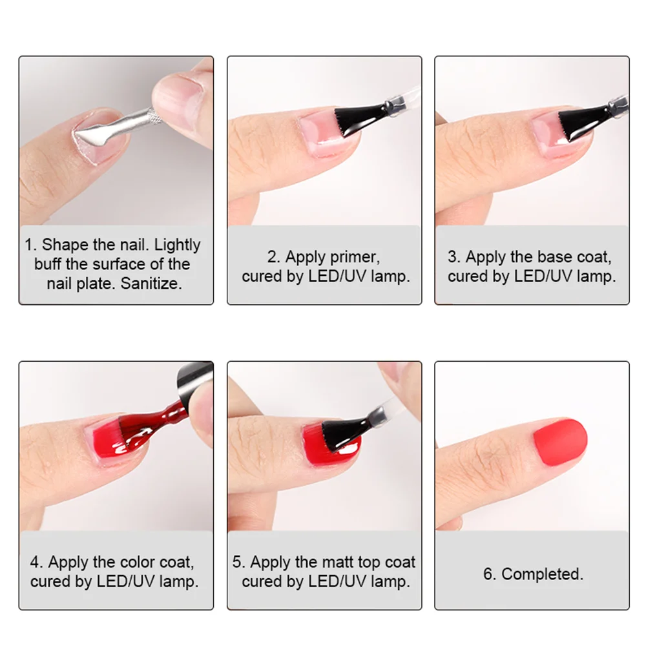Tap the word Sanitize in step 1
click(151, 284)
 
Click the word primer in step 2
click(354, 258)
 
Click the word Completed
click(542, 574)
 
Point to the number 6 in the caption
click(488, 574)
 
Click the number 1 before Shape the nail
click(29, 245)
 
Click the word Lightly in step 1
click(178, 245)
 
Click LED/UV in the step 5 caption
click(335, 581)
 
